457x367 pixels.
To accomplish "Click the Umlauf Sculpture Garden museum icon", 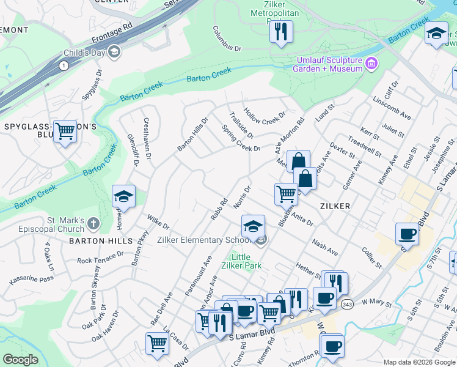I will [371, 64].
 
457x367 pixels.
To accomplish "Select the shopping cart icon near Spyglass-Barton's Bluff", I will [65, 132].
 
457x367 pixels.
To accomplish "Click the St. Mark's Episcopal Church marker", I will [92, 224].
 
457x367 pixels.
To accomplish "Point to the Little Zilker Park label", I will [244, 261].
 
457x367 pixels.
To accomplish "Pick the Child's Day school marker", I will [114, 52].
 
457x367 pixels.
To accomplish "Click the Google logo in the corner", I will [20, 360].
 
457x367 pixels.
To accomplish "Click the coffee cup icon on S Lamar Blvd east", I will [407, 234].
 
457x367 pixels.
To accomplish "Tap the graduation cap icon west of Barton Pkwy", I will [123, 196].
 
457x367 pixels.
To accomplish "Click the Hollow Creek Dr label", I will [265, 114].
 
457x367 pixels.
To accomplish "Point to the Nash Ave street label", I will [325, 248].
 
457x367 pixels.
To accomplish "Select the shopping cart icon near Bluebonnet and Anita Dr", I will [286, 194].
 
